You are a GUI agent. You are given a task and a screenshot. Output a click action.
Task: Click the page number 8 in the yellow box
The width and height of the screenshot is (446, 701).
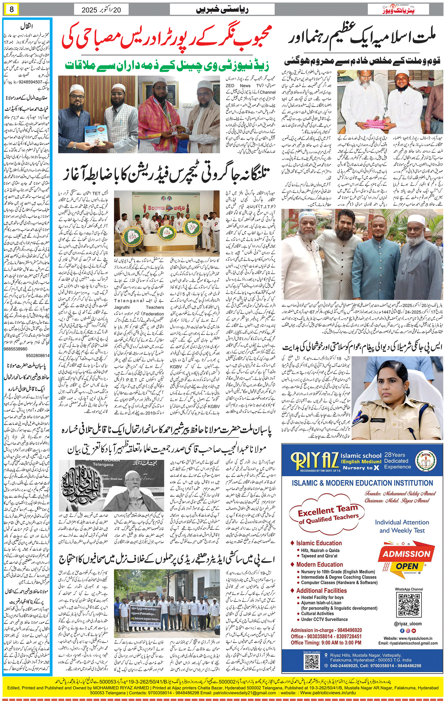pyautogui.click(x=12, y=9)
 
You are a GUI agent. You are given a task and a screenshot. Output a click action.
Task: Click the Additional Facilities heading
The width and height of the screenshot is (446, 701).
pyautogui.click(x=321, y=591)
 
